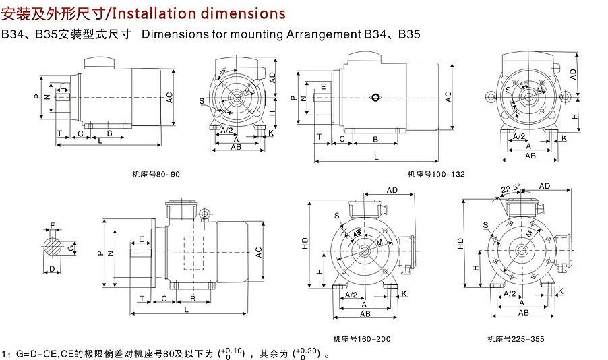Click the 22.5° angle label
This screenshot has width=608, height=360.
[510, 189]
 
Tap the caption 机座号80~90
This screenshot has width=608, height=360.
[156, 175]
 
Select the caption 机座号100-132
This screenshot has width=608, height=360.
[436, 174]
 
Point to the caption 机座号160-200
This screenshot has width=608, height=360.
[362, 340]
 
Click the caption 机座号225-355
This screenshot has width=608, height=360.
[516, 340]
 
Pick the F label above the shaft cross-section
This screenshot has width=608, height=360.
[53, 225]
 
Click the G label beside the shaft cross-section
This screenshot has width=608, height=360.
[71, 247]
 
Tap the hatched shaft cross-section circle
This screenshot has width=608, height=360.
[53, 247]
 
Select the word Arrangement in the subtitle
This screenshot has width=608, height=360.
[324, 34]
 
